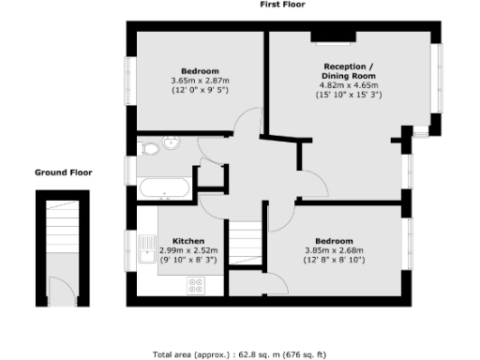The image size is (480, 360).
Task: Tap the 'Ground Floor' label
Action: (62, 172)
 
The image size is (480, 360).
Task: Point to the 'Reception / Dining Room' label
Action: (348, 71)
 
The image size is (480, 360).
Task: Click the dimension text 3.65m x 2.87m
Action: (201, 82)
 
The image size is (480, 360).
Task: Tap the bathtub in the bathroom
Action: (164, 187)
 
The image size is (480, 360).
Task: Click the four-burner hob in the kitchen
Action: (199, 290)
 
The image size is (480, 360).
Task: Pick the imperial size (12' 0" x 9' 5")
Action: (201, 91)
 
